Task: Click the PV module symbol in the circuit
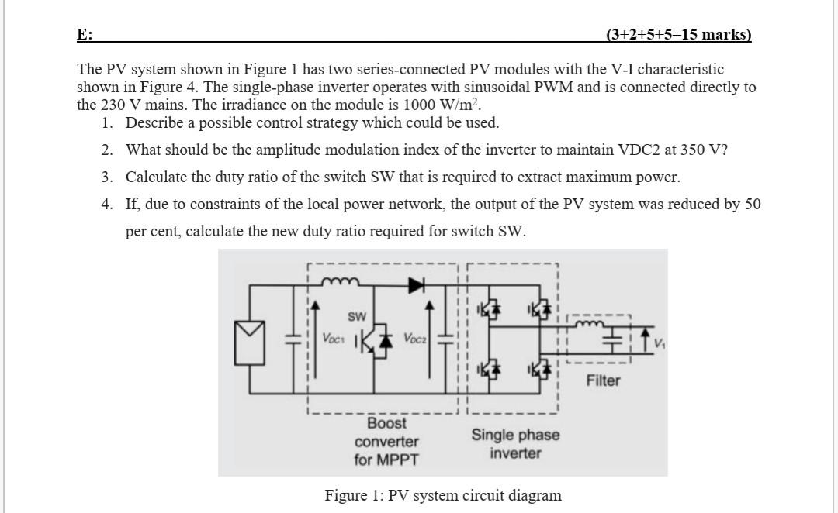pyautogui.click(x=249, y=340)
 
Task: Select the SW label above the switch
pyautogui.click(x=356, y=316)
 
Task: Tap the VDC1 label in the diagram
pyautogui.click(x=334, y=339)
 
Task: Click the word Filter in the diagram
pyautogui.click(x=603, y=380)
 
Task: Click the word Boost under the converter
pyautogui.click(x=386, y=423)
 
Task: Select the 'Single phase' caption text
pyautogui.click(x=515, y=435)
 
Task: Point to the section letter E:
pyautogui.click(x=84, y=34)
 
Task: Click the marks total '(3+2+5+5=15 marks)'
pyautogui.click(x=678, y=34)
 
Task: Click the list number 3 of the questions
pyautogui.click(x=106, y=177)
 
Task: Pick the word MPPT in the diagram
pyautogui.click(x=397, y=460)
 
